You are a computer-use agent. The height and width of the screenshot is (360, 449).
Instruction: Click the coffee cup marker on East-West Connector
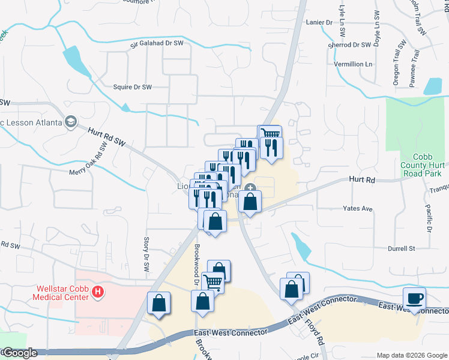pos(415,298)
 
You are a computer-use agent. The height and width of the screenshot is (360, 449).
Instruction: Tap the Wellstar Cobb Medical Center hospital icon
pos(100,293)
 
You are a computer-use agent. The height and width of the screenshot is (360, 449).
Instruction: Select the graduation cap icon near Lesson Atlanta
pos(71,122)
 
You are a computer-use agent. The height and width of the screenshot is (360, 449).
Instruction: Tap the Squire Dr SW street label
pos(132,87)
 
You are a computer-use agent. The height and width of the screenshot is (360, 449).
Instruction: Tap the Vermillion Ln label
pos(353,64)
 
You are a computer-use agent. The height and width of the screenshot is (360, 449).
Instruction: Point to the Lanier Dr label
pos(319,22)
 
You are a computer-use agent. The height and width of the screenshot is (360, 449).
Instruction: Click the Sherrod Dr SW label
pos(349,44)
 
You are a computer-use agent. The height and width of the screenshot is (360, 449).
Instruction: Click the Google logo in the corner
pos(19,353)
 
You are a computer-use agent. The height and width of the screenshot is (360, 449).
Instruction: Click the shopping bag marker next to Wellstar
pos(159,304)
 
